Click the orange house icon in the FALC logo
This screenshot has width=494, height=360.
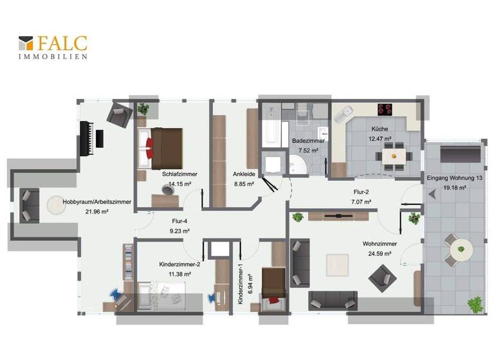pyautogui.click(x=26, y=43)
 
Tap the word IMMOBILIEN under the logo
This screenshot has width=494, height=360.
pyautogui.click(x=53, y=57)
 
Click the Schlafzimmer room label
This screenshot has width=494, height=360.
pyautogui.click(x=179, y=174)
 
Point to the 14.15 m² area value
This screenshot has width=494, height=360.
pyautogui.click(x=180, y=183)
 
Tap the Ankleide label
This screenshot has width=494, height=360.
pyautogui.click(x=244, y=174)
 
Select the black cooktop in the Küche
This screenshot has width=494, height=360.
pyautogui.click(x=385, y=109)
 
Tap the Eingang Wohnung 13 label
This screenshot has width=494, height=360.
pyautogui.click(x=454, y=178)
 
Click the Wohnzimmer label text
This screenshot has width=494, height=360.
pyautogui.click(x=380, y=244)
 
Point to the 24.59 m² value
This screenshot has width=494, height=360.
pyautogui.click(x=379, y=253)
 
